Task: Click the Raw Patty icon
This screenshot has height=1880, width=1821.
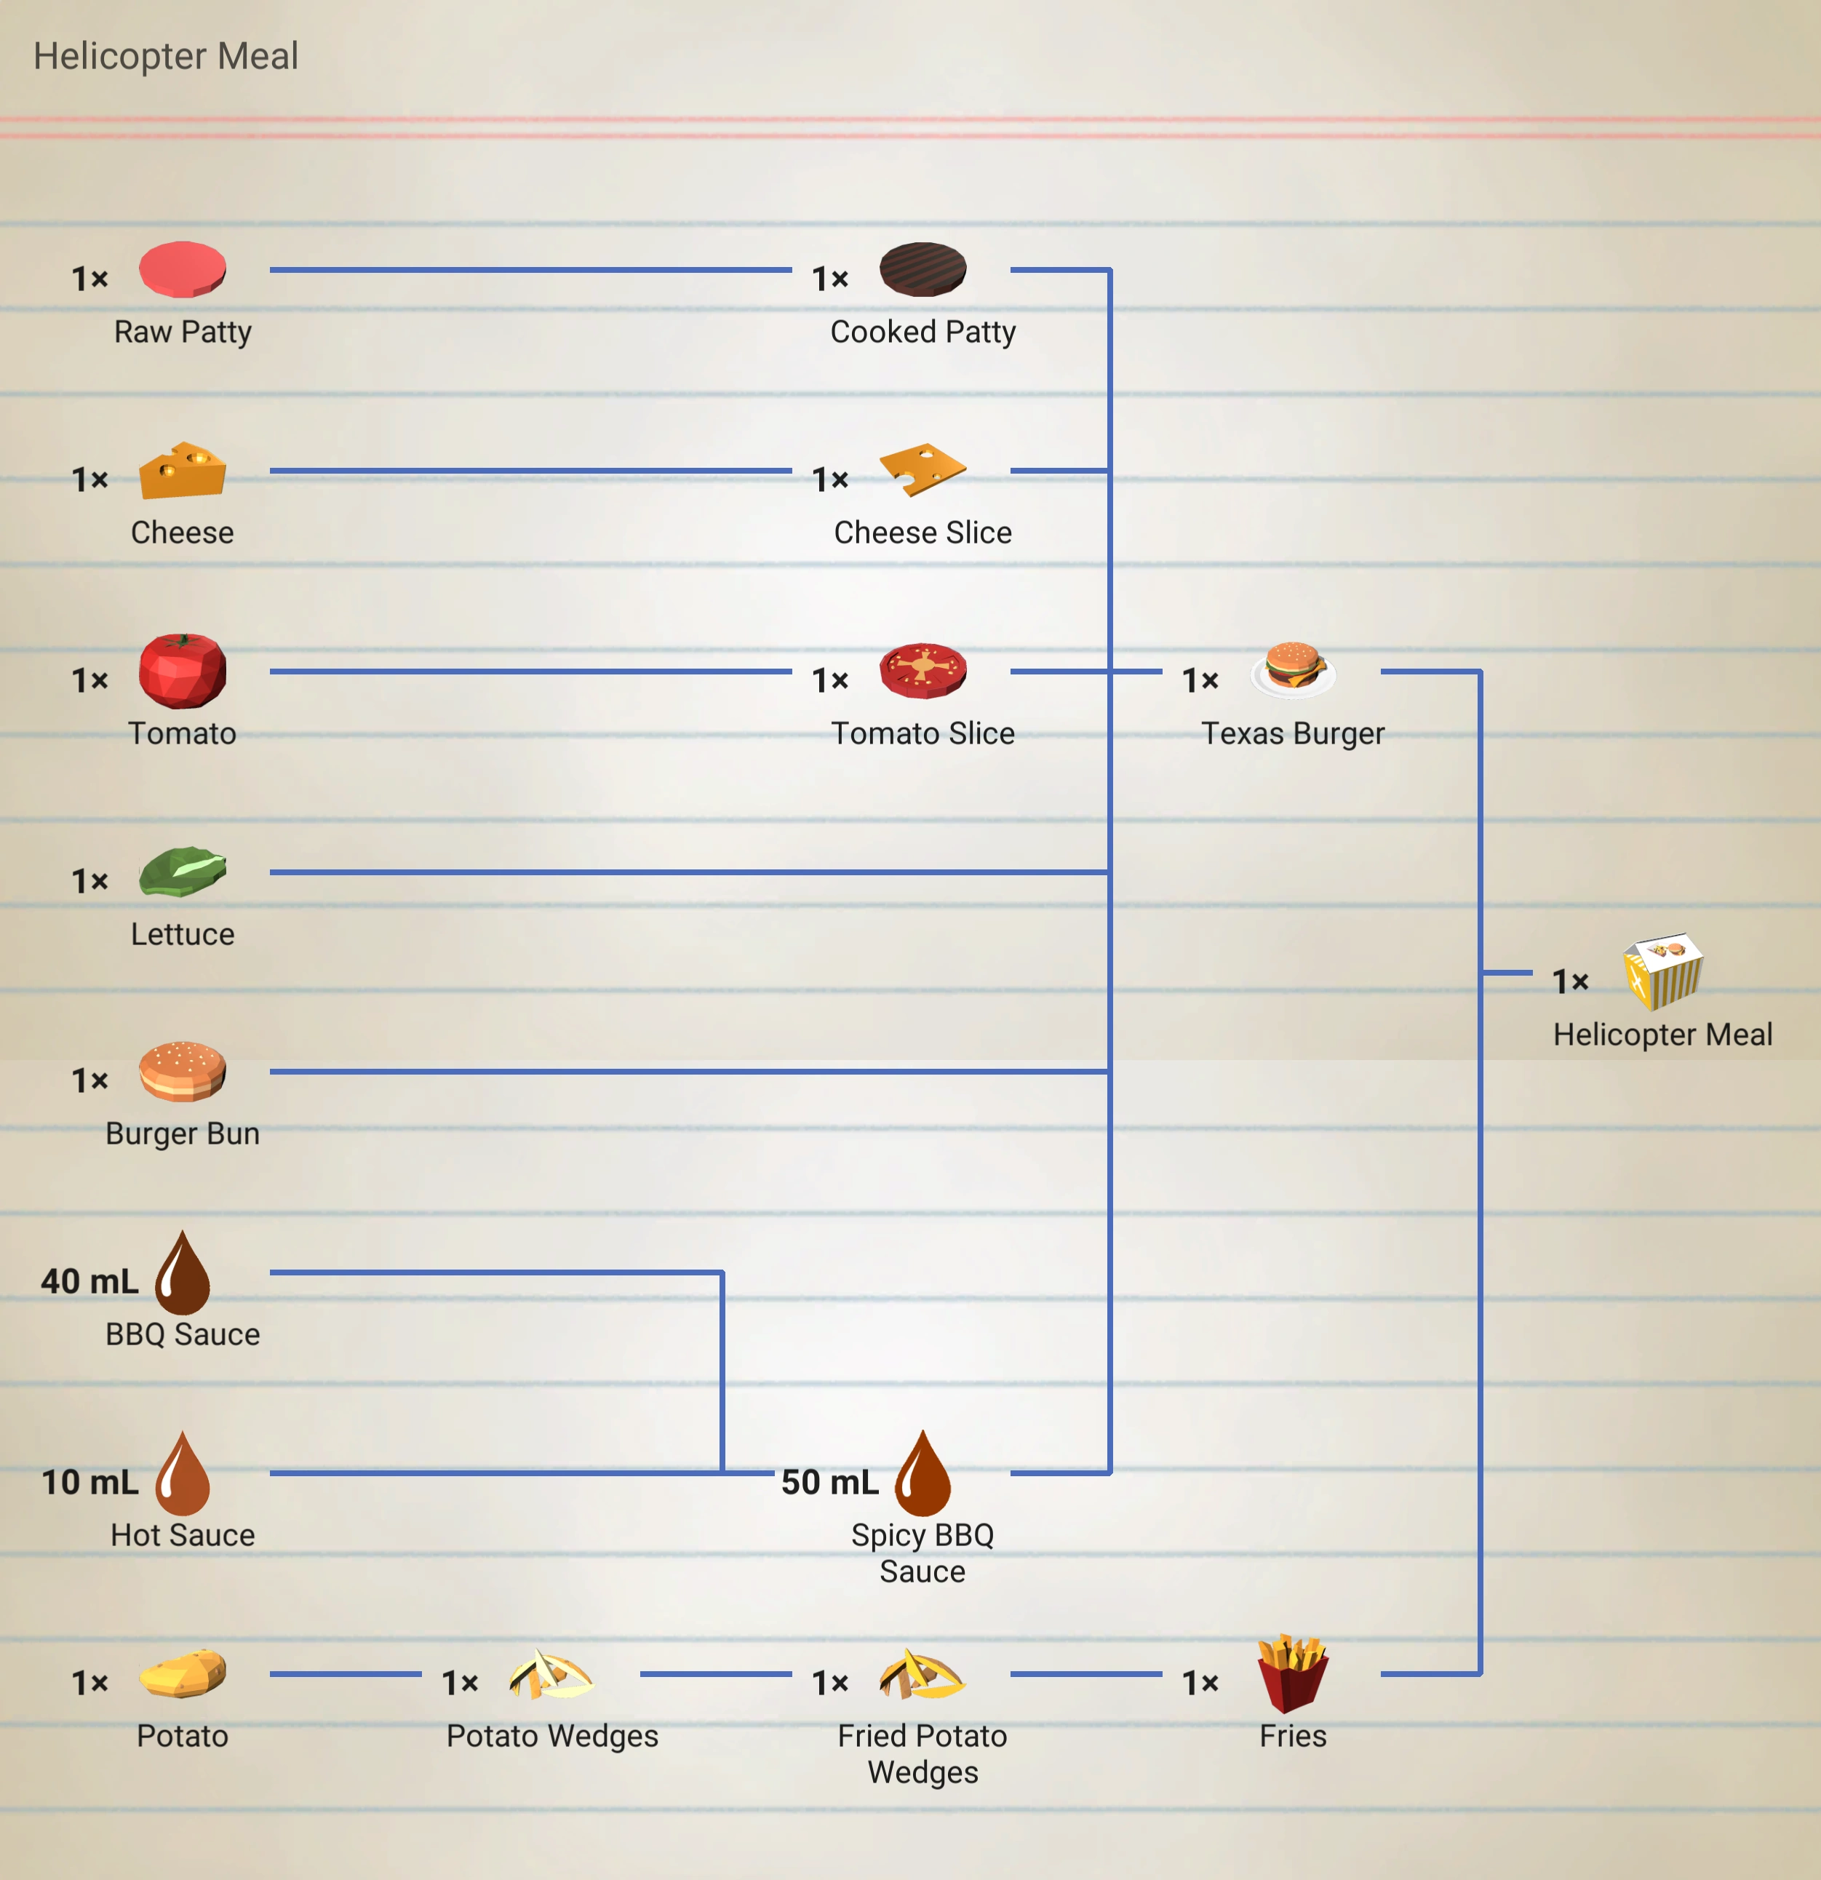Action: (x=182, y=269)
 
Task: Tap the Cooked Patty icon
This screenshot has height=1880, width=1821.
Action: (x=923, y=269)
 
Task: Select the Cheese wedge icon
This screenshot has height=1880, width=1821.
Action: (x=182, y=471)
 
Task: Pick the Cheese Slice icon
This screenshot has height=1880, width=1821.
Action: (x=923, y=470)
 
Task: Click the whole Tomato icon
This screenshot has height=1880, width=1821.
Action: (x=182, y=671)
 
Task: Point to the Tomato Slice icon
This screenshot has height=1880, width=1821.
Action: (x=923, y=671)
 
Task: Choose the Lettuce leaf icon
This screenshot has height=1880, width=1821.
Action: (x=182, y=872)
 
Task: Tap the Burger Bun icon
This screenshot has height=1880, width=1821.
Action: (x=182, y=1072)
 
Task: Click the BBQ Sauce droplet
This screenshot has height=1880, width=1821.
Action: (x=182, y=1274)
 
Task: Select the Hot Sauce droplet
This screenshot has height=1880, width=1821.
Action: (x=182, y=1474)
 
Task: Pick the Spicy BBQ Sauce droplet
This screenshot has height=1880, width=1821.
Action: (x=923, y=1474)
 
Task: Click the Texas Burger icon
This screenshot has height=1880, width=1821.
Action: (x=1293, y=669)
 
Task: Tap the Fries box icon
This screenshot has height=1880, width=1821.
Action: (x=1293, y=1674)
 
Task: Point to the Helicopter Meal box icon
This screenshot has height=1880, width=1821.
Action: (x=1663, y=971)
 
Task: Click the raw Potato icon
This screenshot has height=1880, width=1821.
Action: (x=182, y=1674)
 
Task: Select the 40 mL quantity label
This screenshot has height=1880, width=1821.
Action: (x=89, y=1281)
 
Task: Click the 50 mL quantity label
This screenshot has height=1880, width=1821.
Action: (x=829, y=1482)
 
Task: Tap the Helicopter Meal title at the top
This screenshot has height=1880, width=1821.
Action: (x=166, y=55)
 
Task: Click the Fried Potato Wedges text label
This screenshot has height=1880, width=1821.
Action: (x=923, y=1753)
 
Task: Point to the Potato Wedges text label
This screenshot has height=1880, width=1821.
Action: (x=552, y=1736)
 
